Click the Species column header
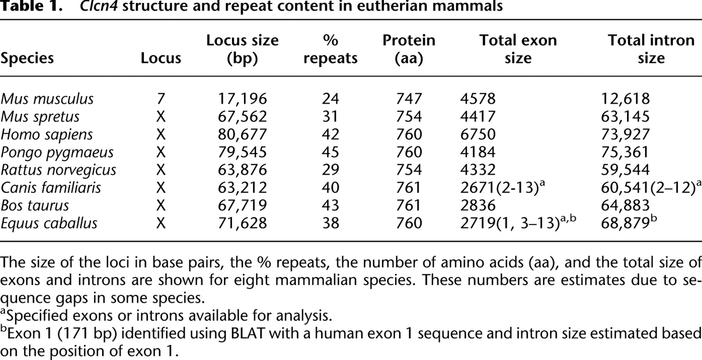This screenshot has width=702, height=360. pyautogui.click(x=27, y=58)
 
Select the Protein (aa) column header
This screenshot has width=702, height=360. pyautogui.click(x=409, y=49)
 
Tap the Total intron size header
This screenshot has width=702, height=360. pyautogui.click(x=651, y=49)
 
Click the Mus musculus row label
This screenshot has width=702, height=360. pyautogui.click(x=47, y=99)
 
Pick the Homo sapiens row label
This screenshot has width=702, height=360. pyautogui.click(x=47, y=135)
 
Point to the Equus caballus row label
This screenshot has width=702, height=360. pyautogui.click(x=49, y=223)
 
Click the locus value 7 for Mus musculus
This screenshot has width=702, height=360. pyautogui.click(x=161, y=99)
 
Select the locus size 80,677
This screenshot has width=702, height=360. pyautogui.click(x=242, y=135)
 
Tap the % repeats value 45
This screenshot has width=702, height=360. pyautogui.click(x=330, y=152)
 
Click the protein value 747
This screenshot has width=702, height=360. pyautogui.click(x=409, y=99)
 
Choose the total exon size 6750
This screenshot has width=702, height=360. pyautogui.click(x=478, y=135)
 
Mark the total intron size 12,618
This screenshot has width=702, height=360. pyautogui.click(x=626, y=99)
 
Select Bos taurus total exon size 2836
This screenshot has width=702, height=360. pyautogui.click(x=478, y=205)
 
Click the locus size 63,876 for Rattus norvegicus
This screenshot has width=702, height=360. pyautogui.click(x=242, y=170)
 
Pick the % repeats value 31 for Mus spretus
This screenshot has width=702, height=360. pyautogui.click(x=330, y=117)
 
